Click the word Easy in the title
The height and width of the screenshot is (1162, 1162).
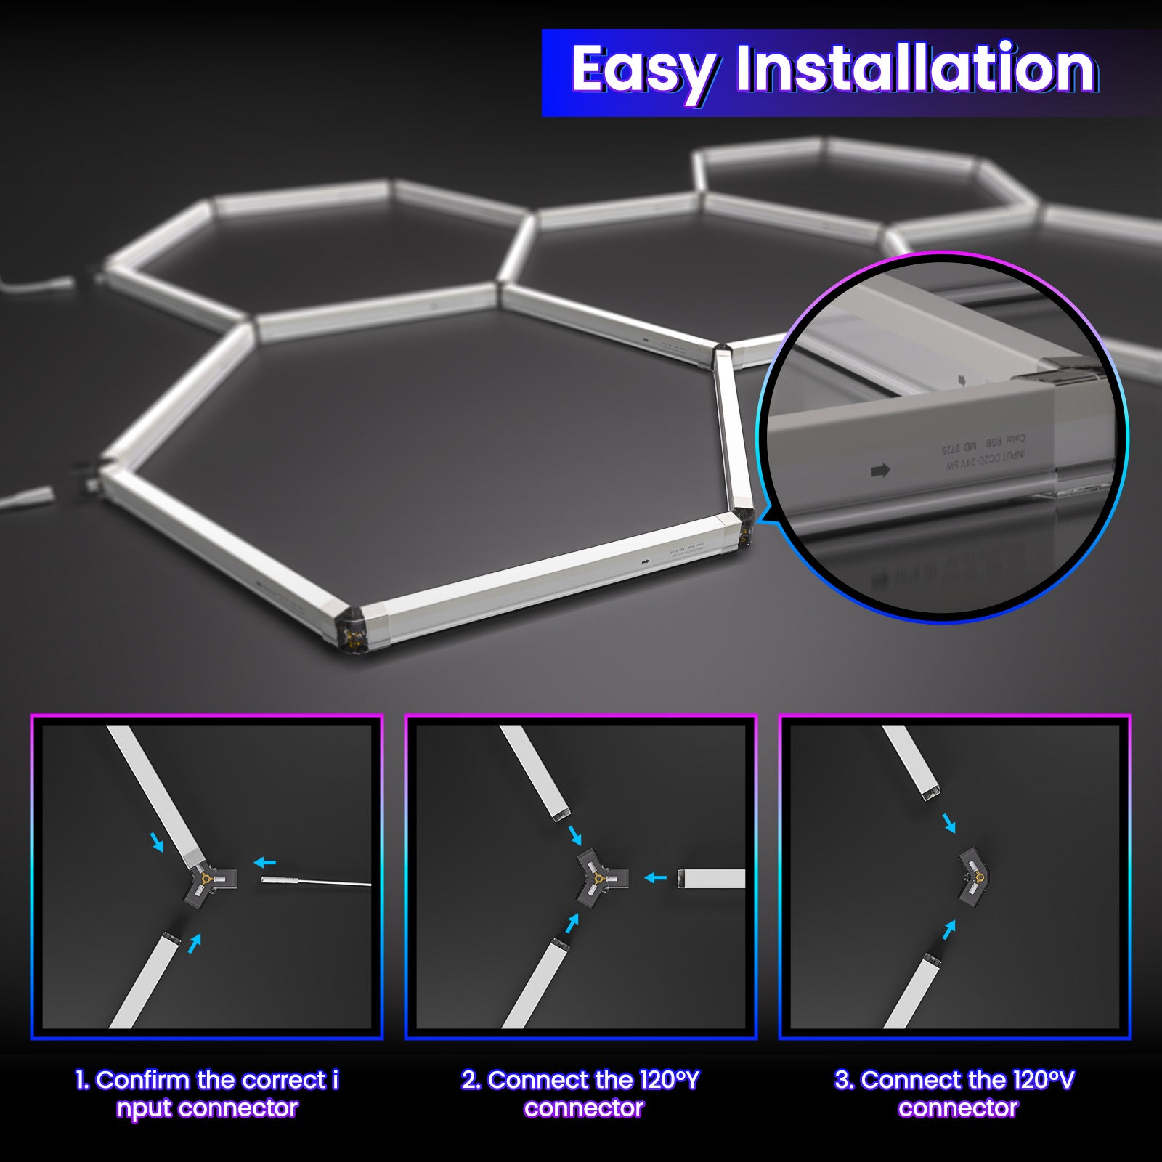tap(642, 70)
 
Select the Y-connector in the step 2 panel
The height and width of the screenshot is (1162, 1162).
tap(597, 878)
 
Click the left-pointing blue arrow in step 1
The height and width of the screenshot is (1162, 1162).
tap(265, 863)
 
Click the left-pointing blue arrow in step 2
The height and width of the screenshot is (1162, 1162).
tap(656, 878)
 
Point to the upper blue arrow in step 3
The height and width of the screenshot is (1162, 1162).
tap(949, 824)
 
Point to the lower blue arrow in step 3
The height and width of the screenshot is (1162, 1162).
tap(948, 930)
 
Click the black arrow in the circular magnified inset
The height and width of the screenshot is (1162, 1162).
tap(880, 471)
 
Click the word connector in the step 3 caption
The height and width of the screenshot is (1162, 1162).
tap(958, 1108)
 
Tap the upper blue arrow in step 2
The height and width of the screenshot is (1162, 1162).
tap(575, 834)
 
